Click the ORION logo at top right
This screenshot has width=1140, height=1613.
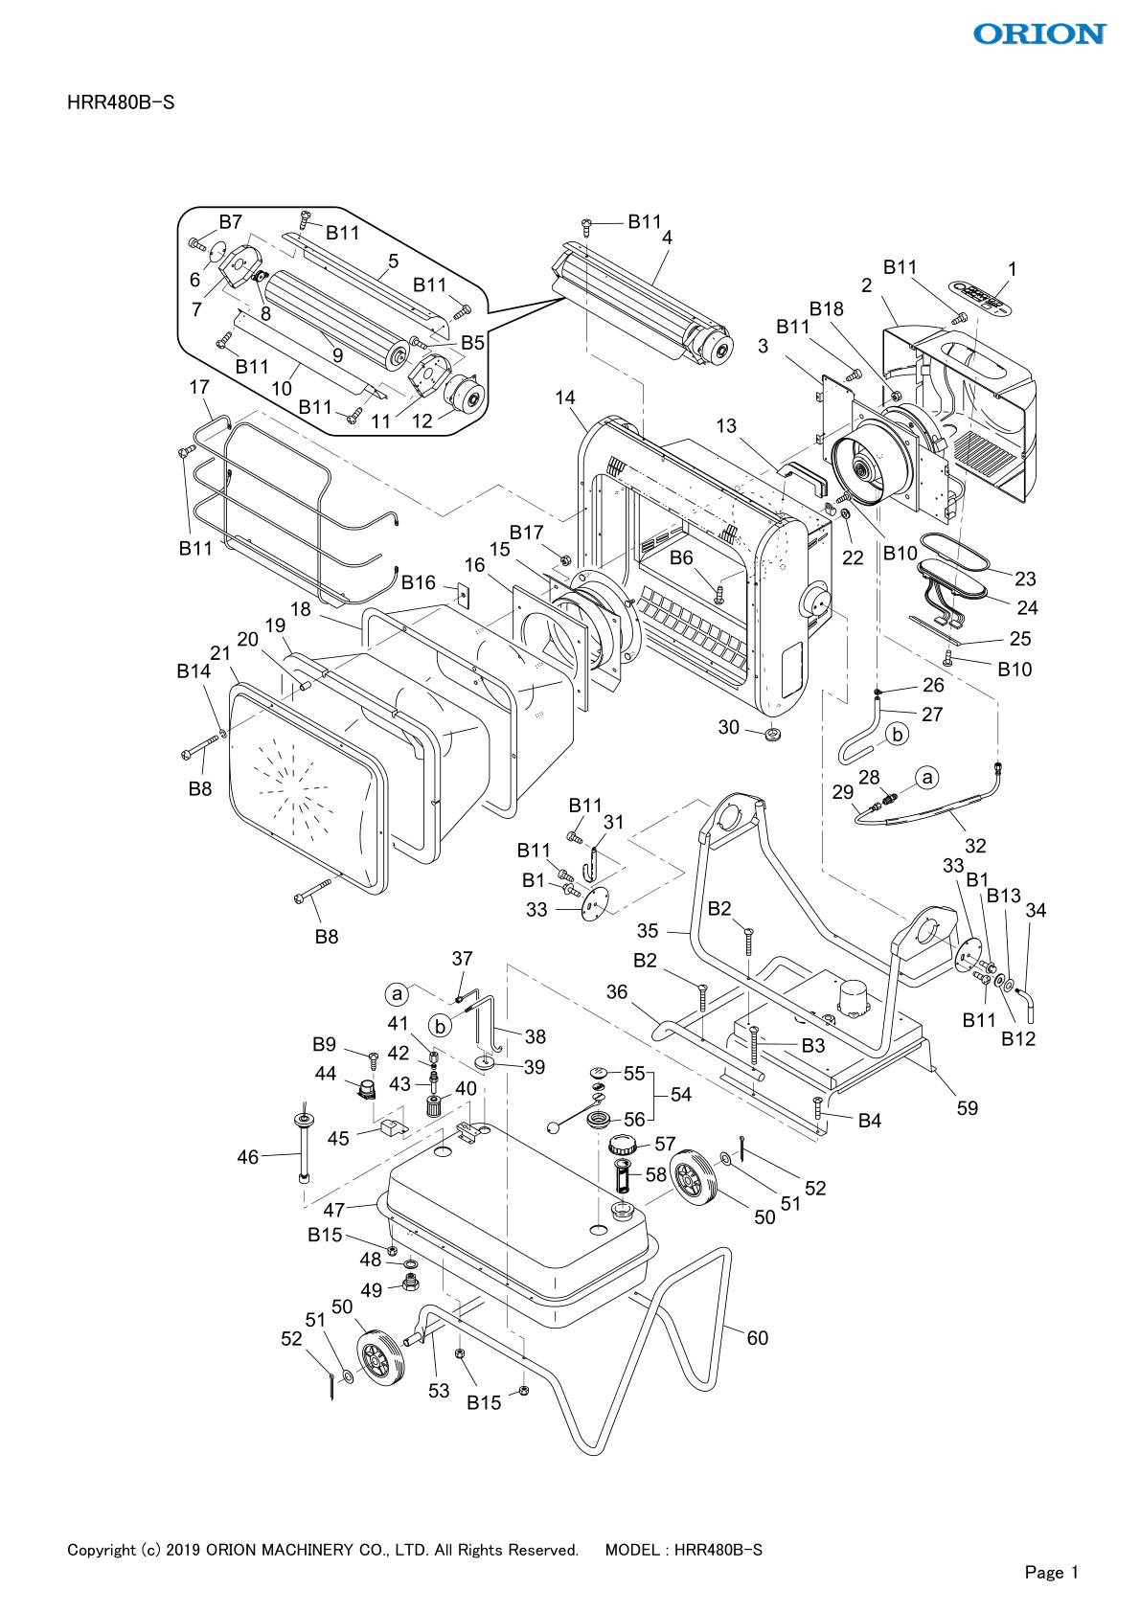[x=1038, y=34]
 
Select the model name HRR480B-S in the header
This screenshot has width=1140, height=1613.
[x=121, y=102]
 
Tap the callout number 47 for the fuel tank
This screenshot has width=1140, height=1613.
[x=333, y=1210]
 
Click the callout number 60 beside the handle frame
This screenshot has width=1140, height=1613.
[x=757, y=1338]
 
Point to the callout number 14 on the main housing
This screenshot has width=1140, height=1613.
[x=565, y=397]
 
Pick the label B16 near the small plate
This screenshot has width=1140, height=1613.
[x=419, y=582]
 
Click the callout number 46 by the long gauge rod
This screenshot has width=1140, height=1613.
[x=247, y=1157]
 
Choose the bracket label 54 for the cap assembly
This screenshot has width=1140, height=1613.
[x=680, y=1094]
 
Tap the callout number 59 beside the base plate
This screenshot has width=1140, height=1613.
[x=968, y=1108]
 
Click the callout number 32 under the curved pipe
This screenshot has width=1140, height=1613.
[x=975, y=845]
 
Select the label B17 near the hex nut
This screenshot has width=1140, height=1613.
[x=526, y=533]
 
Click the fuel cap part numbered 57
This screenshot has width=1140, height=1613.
[x=623, y=1144]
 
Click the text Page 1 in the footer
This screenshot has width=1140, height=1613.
[x=1051, y=1572]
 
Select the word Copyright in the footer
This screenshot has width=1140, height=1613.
[x=101, y=1550]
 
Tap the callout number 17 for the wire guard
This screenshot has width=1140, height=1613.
[x=198, y=387]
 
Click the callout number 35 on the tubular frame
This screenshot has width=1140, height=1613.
[x=648, y=931]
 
